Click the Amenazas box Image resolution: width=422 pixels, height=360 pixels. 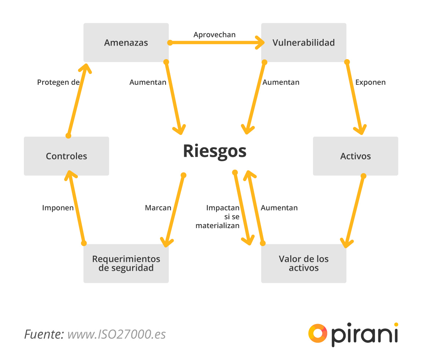(x=126, y=43)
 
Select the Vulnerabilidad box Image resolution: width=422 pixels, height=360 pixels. (x=303, y=43)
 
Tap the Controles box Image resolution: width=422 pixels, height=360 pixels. (x=66, y=156)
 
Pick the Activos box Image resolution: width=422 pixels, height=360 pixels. (x=355, y=156)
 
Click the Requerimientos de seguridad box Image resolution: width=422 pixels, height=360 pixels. (x=126, y=263)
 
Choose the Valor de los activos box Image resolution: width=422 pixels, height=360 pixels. (x=303, y=263)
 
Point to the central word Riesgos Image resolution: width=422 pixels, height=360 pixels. (x=215, y=151)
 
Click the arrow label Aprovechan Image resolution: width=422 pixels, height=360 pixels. (x=215, y=35)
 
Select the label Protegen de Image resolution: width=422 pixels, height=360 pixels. (x=58, y=82)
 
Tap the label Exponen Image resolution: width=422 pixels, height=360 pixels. (x=370, y=82)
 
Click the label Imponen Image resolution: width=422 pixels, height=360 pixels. (x=58, y=208)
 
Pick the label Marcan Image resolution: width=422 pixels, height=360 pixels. (x=158, y=208)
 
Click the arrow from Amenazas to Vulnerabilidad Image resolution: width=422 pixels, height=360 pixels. (x=217, y=43)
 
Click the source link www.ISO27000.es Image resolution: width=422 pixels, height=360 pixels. (x=117, y=334)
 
